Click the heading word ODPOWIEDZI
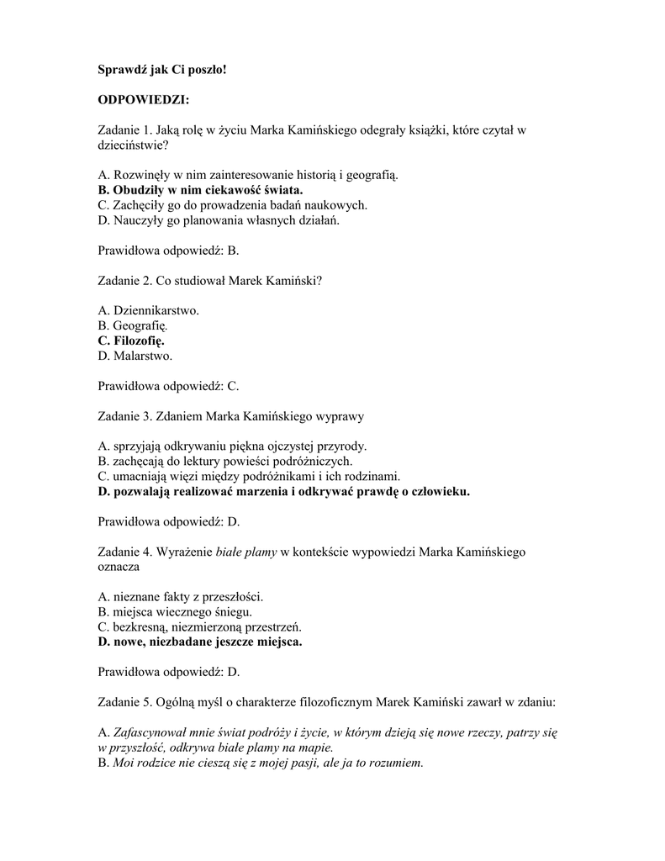click(x=143, y=100)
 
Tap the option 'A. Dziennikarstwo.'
click(x=149, y=310)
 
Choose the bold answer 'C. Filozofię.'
click(x=131, y=341)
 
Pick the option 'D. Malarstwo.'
click(x=135, y=356)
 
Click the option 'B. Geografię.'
click(x=133, y=325)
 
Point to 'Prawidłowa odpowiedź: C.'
click(x=169, y=386)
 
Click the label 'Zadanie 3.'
click(x=125, y=416)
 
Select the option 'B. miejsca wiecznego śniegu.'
click(x=175, y=611)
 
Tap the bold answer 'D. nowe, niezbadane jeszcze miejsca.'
click(x=200, y=642)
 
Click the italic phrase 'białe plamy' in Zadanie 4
click(x=246, y=552)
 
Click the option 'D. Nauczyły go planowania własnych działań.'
click(x=219, y=220)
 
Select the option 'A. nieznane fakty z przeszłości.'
click(x=181, y=596)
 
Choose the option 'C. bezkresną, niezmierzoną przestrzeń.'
click(x=199, y=626)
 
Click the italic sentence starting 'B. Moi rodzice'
click(x=261, y=763)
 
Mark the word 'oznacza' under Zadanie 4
click(x=119, y=567)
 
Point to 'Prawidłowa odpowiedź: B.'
click(x=169, y=251)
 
